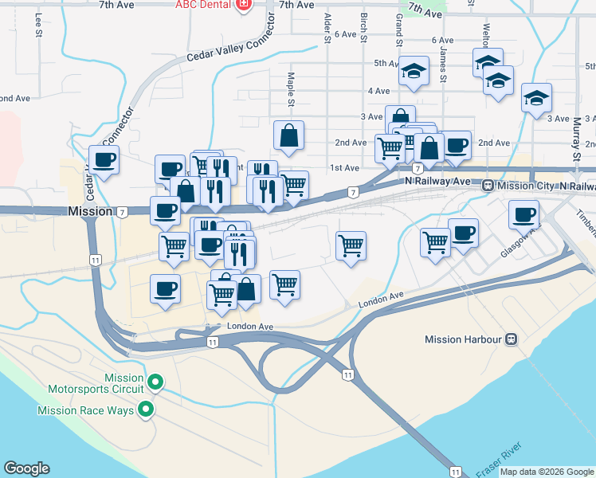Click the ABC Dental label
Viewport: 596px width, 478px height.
[x=204, y=5]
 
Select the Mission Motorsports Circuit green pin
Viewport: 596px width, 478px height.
[x=156, y=383]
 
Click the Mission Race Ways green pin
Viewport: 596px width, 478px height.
[x=146, y=410]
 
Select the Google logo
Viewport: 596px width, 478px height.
[x=26, y=468]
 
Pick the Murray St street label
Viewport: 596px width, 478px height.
[x=575, y=136]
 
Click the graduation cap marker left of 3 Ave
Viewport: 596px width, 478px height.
[x=536, y=98]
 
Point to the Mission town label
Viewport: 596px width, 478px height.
[x=90, y=212]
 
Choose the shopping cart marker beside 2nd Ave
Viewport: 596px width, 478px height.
[x=389, y=147]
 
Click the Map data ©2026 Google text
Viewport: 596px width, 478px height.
[x=546, y=472]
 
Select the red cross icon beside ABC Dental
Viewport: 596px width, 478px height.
[x=244, y=5]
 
